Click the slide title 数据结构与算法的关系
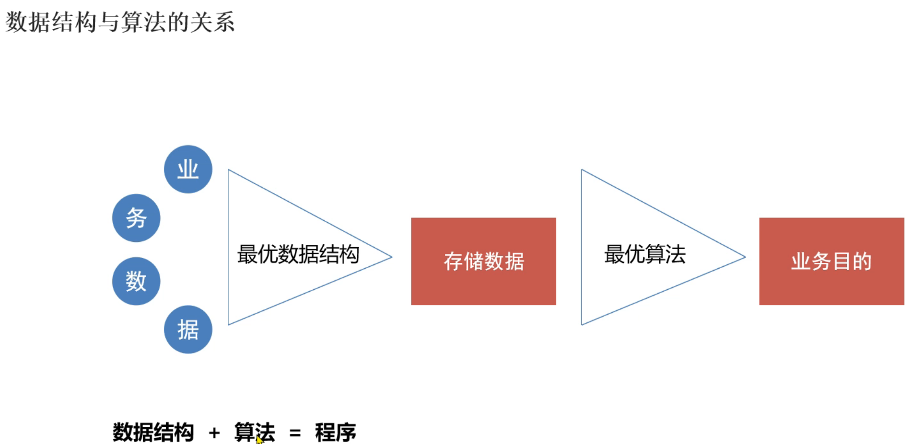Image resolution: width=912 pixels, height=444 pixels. click(x=120, y=22)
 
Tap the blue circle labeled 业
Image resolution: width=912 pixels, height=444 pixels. click(x=188, y=169)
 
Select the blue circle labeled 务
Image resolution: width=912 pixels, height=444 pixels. click(x=136, y=218)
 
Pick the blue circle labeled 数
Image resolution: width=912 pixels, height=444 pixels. click(x=136, y=281)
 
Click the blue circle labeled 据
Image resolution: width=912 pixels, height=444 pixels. click(x=188, y=330)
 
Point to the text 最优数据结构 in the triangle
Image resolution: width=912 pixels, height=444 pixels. click(x=298, y=254)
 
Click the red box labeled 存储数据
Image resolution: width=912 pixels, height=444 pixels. click(x=483, y=262)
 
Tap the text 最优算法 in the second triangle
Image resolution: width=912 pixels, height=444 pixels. click(x=644, y=254)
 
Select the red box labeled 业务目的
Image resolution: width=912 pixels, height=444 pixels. click(x=831, y=262)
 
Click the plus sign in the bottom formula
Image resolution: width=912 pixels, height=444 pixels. click(x=214, y=433)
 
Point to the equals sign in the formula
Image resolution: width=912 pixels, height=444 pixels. click(x=295, y=433)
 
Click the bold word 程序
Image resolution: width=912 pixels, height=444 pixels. click(x=335, y=433)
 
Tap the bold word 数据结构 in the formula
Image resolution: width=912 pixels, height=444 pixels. click(x=153, y=433)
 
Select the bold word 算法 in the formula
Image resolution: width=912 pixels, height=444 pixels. click(x=255, y=432)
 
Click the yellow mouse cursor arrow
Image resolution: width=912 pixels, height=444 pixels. click(x=259, y=440)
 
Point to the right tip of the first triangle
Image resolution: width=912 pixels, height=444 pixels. click(x=391, y=257)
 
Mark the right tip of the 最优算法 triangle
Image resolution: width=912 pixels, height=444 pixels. click(x=744, y=257)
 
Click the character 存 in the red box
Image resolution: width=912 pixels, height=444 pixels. click(x=453, y=262)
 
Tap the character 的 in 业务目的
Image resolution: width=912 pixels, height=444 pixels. click(x=862, y=262)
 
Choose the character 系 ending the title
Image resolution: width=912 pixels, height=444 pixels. click(x=224, y=22)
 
